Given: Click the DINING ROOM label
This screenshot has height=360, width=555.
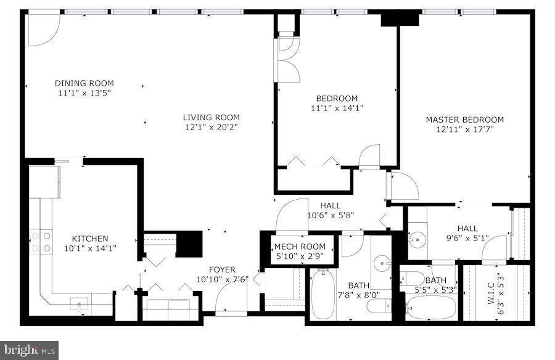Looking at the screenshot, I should click(x=84, y=83).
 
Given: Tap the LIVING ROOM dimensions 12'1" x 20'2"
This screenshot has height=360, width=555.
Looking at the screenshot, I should click(x=211, y=127).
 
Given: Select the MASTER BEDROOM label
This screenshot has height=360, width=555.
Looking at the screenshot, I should click(x=464, y=120).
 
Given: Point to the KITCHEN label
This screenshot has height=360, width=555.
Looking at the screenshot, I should click(x=90, y=239).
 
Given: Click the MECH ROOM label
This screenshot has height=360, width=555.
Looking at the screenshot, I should click(x=299, y=247).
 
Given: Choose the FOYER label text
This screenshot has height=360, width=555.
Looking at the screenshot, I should click(x=221, y=269).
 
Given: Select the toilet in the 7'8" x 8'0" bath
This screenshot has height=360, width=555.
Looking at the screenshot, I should click(x=382, y=305).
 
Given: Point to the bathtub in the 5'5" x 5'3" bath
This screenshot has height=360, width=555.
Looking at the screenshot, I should click(x=431, y=306).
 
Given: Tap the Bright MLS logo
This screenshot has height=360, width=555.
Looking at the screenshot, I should click(x=30, y=350).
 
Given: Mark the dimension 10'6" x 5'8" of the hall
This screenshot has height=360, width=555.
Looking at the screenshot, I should click(x=330, y=215).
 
